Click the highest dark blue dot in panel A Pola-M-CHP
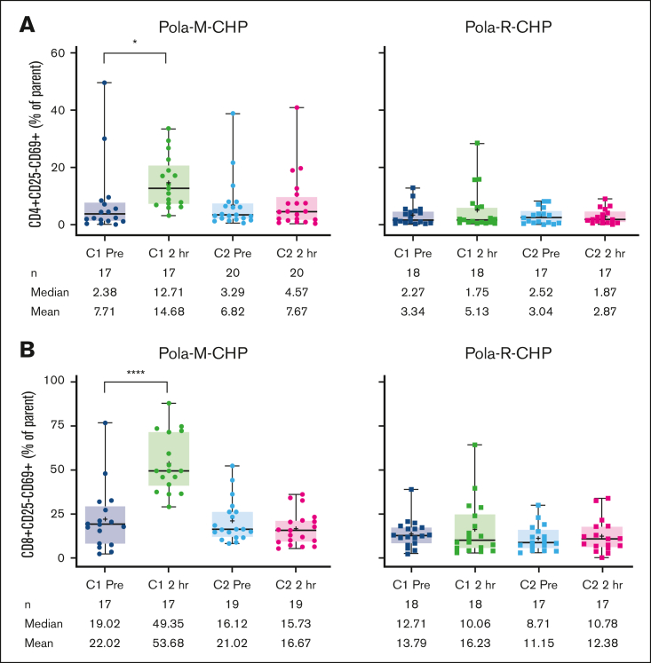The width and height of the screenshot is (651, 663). click(x=105, y=83)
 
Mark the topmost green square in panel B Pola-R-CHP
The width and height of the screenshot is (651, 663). click(x=476, y=445)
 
